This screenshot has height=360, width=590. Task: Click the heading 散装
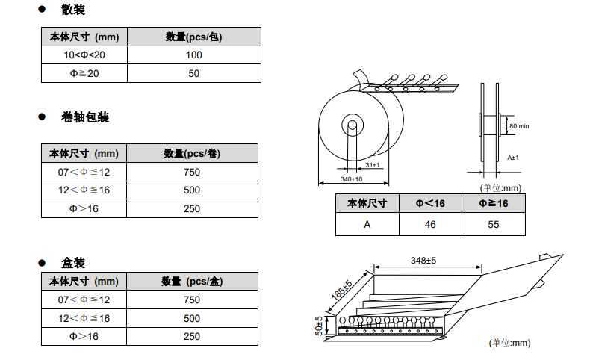73,10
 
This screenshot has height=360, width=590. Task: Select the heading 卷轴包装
85,117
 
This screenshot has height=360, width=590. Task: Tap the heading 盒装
73,263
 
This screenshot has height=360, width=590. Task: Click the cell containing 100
194,55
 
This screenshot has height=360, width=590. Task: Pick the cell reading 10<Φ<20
84,55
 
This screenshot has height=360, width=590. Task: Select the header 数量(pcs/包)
194,37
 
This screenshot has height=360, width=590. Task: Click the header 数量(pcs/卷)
192,153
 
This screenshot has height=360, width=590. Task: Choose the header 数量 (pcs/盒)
192,281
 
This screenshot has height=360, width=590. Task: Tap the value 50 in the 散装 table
194,73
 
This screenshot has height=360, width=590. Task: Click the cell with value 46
430,224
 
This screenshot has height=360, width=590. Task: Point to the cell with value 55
494,224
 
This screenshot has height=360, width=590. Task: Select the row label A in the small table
367,224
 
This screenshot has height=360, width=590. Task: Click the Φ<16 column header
430,203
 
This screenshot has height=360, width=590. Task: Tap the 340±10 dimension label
351,179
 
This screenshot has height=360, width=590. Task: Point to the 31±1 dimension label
373,164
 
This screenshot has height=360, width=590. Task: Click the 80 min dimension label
519,126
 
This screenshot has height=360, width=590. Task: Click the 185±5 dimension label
341,290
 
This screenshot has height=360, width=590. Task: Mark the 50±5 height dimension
319,326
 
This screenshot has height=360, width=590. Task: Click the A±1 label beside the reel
513,158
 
